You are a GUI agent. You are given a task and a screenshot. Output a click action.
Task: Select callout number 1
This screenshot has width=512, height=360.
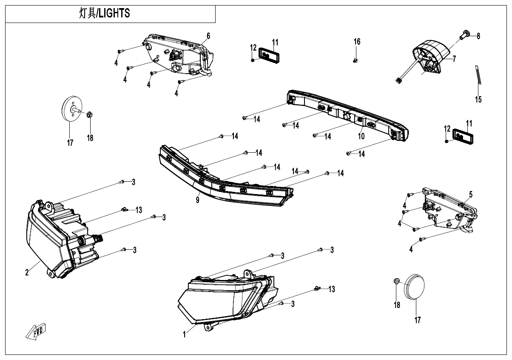(185, 335)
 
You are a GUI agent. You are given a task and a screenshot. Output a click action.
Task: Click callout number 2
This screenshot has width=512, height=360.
(27, 273)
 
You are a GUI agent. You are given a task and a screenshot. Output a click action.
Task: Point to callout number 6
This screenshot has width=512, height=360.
(208, 35)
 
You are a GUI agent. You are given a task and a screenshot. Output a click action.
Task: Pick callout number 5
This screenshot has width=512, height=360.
(471, 194)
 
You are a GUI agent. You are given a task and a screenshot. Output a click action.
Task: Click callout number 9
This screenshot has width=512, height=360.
(198, 200)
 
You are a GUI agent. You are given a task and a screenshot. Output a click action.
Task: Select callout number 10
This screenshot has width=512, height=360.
(361, 137)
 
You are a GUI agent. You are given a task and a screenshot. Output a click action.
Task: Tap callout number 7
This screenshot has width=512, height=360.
(454, 59)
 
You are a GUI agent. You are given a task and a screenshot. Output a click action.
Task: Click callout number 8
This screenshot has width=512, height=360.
(478, 37)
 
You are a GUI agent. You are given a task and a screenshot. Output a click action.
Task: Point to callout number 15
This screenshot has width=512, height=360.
(478, 100)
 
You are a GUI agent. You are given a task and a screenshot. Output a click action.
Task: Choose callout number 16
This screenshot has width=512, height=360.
(357, 41)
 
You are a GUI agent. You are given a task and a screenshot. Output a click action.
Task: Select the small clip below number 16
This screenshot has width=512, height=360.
(356, 60)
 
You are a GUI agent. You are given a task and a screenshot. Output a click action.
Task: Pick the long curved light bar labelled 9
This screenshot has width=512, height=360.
(221, 183)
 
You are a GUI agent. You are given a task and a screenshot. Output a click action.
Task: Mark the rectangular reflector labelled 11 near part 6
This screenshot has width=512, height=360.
(267, 55)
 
